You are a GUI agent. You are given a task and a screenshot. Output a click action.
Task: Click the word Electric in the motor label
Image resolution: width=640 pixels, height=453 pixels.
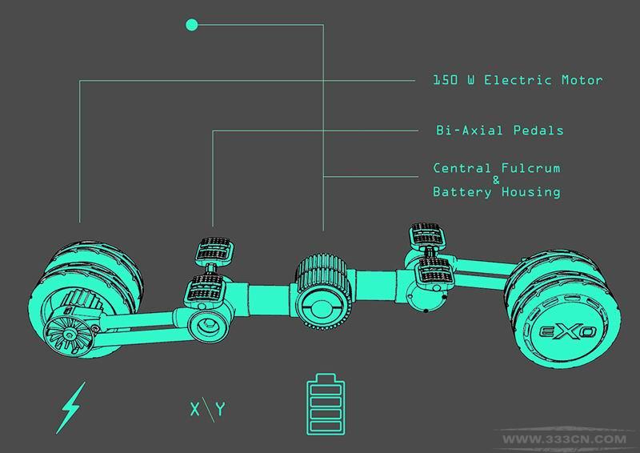pos(518,80)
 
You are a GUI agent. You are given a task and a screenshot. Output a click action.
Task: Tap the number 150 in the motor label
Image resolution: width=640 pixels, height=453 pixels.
pos(445,80)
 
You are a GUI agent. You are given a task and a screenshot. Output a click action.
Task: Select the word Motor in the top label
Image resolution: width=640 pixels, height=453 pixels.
pos(582,80)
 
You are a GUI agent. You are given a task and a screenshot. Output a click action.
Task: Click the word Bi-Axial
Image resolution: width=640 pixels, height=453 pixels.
pos(470,130)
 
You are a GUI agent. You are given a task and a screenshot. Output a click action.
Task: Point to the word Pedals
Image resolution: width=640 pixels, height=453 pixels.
pos(538,130)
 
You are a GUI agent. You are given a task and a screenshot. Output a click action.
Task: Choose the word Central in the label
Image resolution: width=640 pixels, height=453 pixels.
pos(462,168)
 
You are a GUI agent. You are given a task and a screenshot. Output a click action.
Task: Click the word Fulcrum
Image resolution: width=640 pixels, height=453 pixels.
pos(531,168)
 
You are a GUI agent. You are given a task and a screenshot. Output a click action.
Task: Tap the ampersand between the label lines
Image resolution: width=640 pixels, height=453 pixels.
pos(496,180)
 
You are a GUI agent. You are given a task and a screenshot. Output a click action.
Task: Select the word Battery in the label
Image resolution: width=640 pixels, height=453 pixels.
pos(462,191)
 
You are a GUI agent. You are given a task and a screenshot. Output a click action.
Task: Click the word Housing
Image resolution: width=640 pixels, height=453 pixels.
pos(531,191)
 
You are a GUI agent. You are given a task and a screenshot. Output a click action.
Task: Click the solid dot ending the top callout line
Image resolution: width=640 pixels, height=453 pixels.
pos(192,25)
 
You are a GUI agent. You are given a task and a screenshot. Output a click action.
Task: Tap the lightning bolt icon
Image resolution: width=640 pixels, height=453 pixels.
pos(71,407)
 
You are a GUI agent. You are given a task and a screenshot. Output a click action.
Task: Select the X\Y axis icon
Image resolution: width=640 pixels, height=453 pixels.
pos(208,409)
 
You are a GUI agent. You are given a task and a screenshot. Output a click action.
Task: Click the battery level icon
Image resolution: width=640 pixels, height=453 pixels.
pos(326,404)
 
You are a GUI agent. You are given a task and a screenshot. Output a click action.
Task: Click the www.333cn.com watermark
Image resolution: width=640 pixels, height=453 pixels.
pos(565,439)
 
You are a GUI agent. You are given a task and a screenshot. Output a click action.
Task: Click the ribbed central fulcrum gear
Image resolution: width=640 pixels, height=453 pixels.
pos(322,291)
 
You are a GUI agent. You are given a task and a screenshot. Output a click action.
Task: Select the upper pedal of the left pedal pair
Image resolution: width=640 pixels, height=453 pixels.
pos(215,249)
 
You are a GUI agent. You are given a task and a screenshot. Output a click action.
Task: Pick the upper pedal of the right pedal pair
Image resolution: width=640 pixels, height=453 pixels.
pos(426,235)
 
